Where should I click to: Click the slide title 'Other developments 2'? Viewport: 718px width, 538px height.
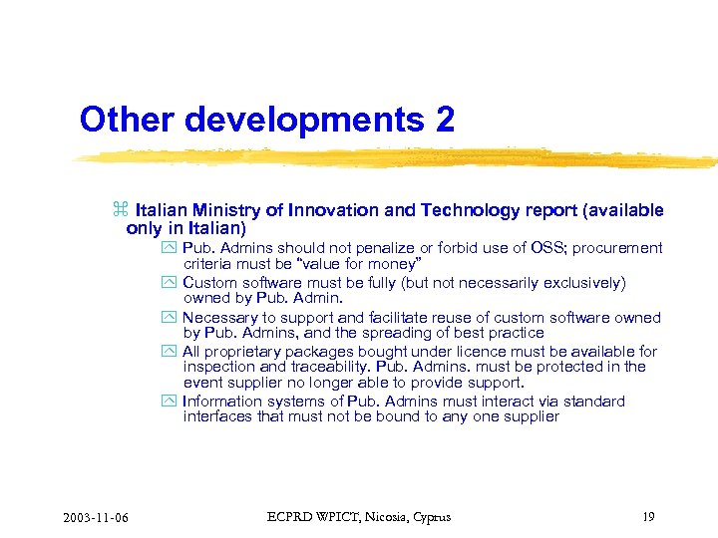267,120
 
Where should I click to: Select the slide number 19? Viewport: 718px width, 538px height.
648,516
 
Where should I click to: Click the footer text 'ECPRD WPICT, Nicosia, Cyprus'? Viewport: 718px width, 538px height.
359,516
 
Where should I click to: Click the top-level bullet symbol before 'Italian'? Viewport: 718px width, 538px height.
121,210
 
